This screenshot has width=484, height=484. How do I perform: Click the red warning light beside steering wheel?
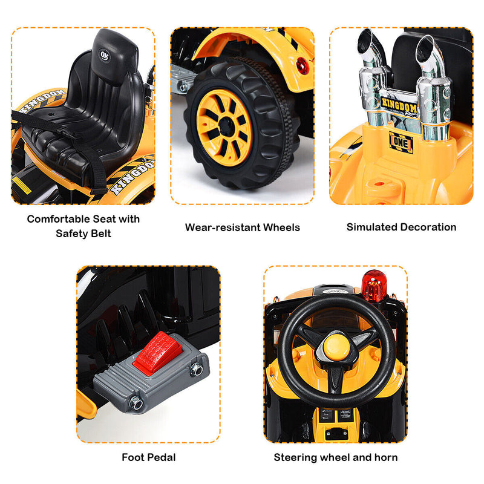(374, 286)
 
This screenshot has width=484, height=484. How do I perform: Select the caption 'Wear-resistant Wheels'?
(242, 227)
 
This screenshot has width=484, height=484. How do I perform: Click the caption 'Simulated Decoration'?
(401, 227)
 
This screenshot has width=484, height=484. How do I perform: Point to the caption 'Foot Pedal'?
(148, 457)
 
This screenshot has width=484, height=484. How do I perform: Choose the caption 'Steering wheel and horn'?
(336, 457)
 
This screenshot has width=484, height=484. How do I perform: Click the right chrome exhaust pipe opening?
(426, 51)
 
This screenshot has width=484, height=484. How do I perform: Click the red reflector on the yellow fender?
(303, 65)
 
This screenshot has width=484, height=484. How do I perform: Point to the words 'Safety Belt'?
(83, 234)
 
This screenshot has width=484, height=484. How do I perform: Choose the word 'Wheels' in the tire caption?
(280, 227)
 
